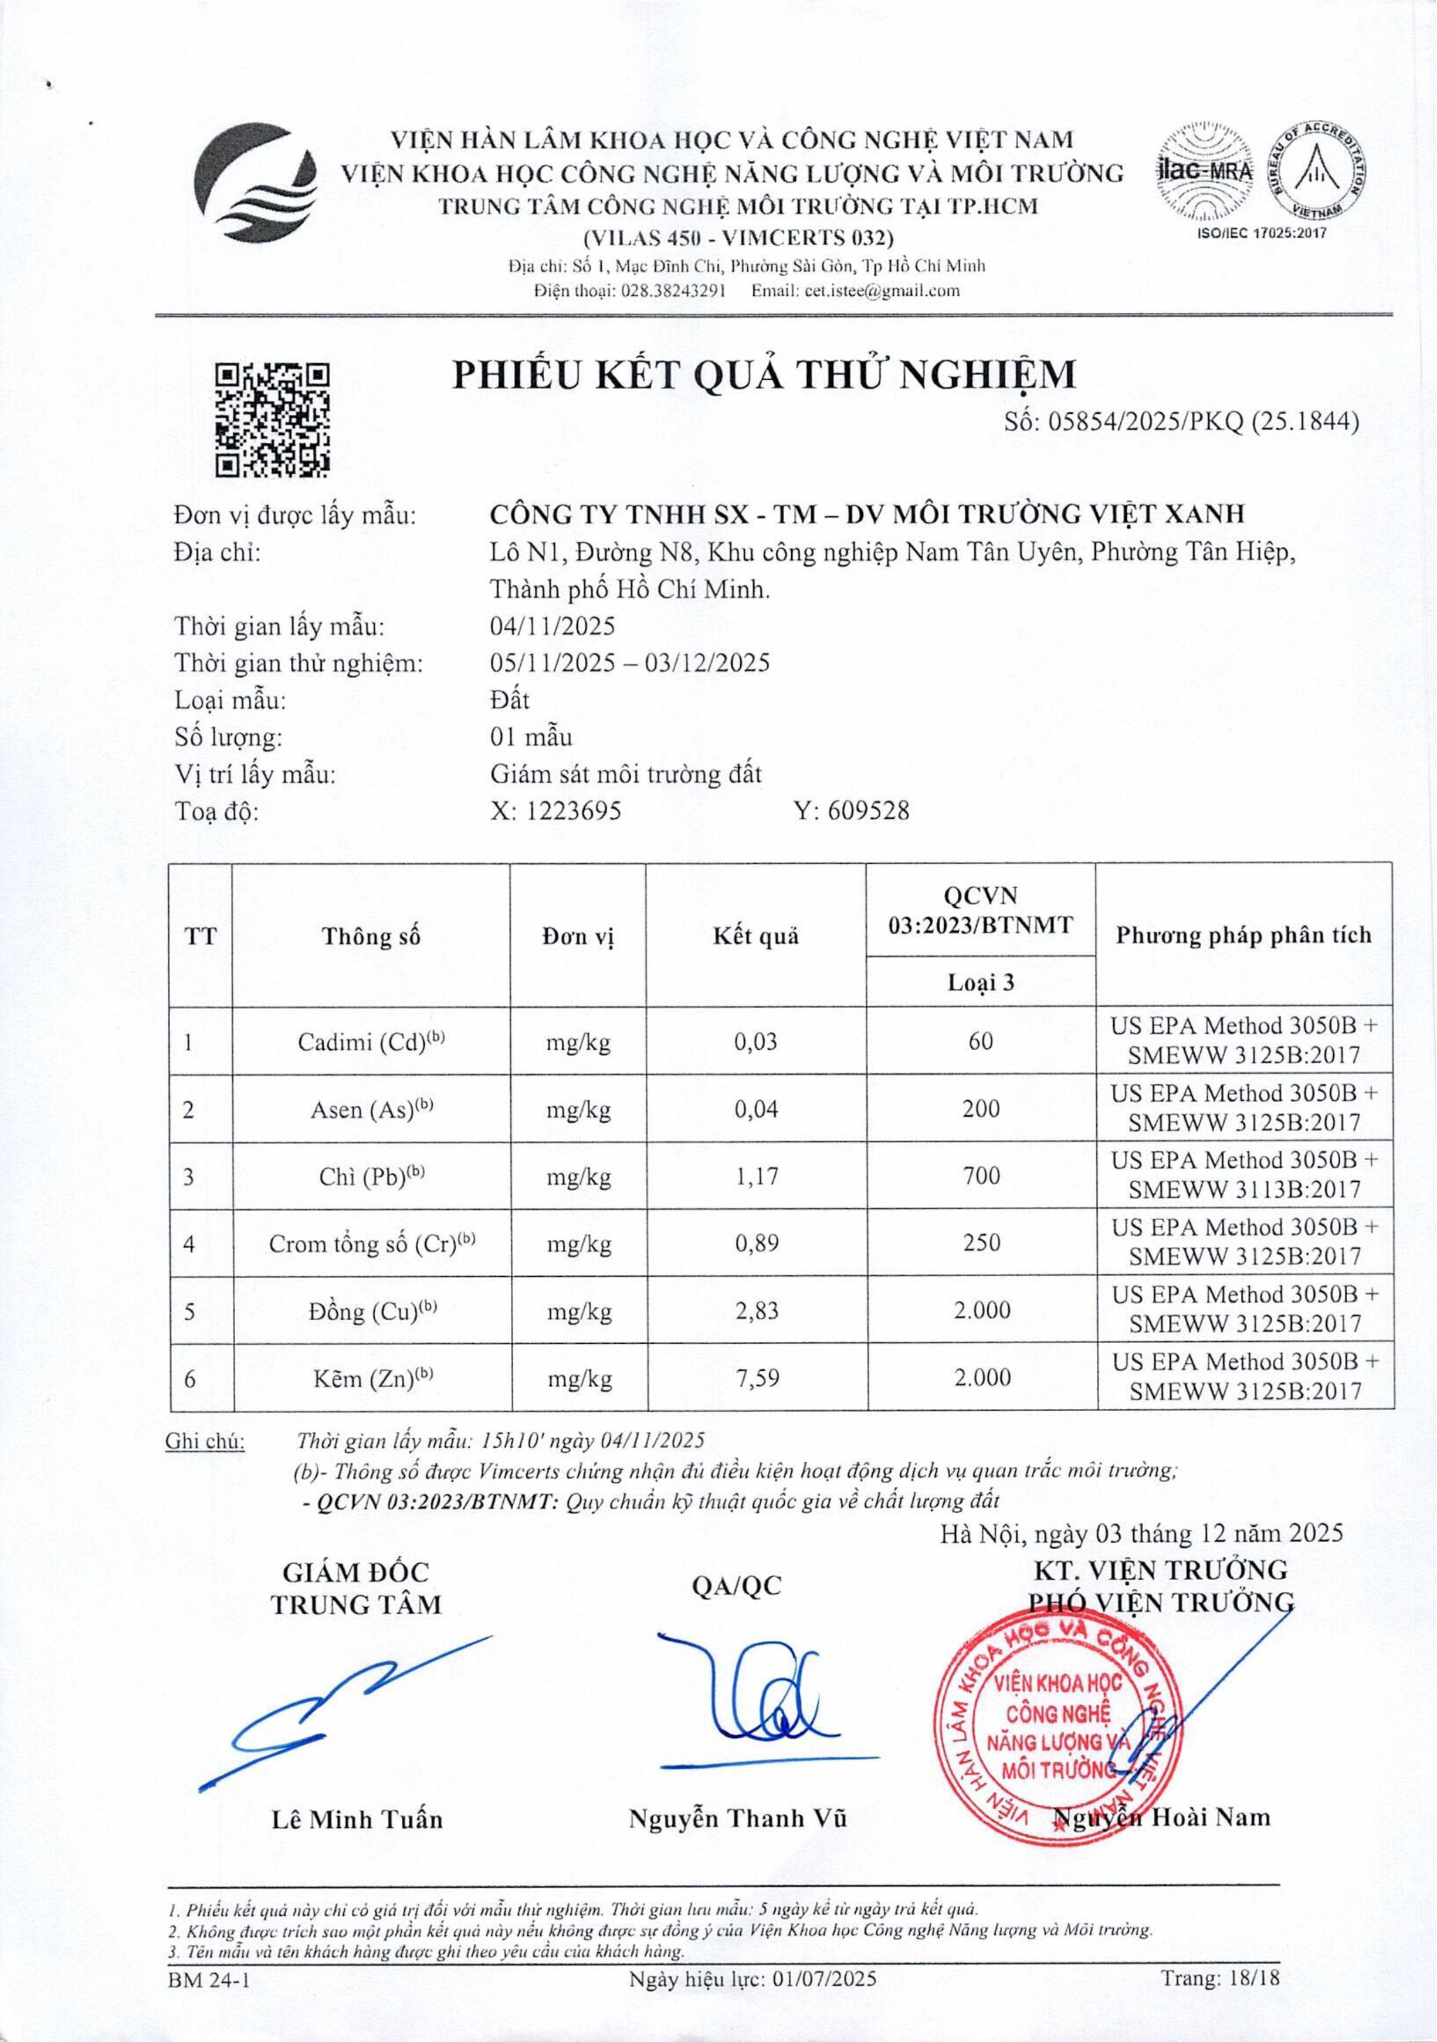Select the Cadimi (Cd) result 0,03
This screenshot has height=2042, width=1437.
[x=756, y=1042]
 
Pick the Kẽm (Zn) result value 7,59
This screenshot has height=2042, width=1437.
[x=757, y=1378]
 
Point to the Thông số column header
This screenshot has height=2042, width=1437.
[x=371, y=935]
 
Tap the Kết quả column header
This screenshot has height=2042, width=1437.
[x=756, y=935]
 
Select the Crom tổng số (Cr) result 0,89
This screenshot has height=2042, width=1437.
[x=757, y=1243]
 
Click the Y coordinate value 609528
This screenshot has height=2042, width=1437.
[x=868, y=811]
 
